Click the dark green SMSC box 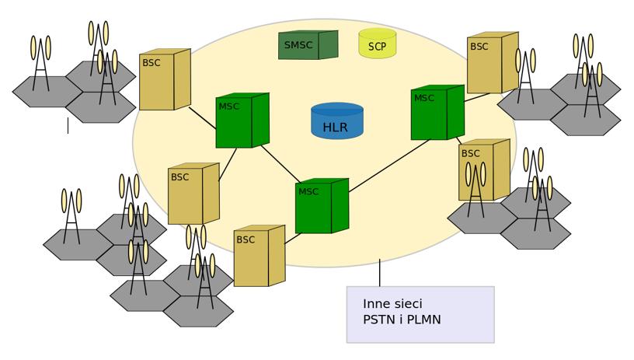(308, 45)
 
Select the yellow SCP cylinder (378, 44)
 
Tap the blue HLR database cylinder (337, 121)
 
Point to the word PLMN (423, 320)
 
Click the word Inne (376, 304)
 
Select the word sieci (408, 304)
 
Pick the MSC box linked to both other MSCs (322, 206)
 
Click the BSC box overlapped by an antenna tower (484, 170)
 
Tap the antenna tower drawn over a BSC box (475, 189)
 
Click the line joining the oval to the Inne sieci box (380, 273)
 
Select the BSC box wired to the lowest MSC (260, 256)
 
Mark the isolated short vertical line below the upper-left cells (68, 125)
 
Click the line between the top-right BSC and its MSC (477, 97)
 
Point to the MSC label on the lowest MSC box (308, 192)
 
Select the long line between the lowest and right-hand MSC (389, 166)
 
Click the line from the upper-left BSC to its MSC (203, 118)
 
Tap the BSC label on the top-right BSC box (479, 47)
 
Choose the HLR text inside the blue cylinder (335, 128)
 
